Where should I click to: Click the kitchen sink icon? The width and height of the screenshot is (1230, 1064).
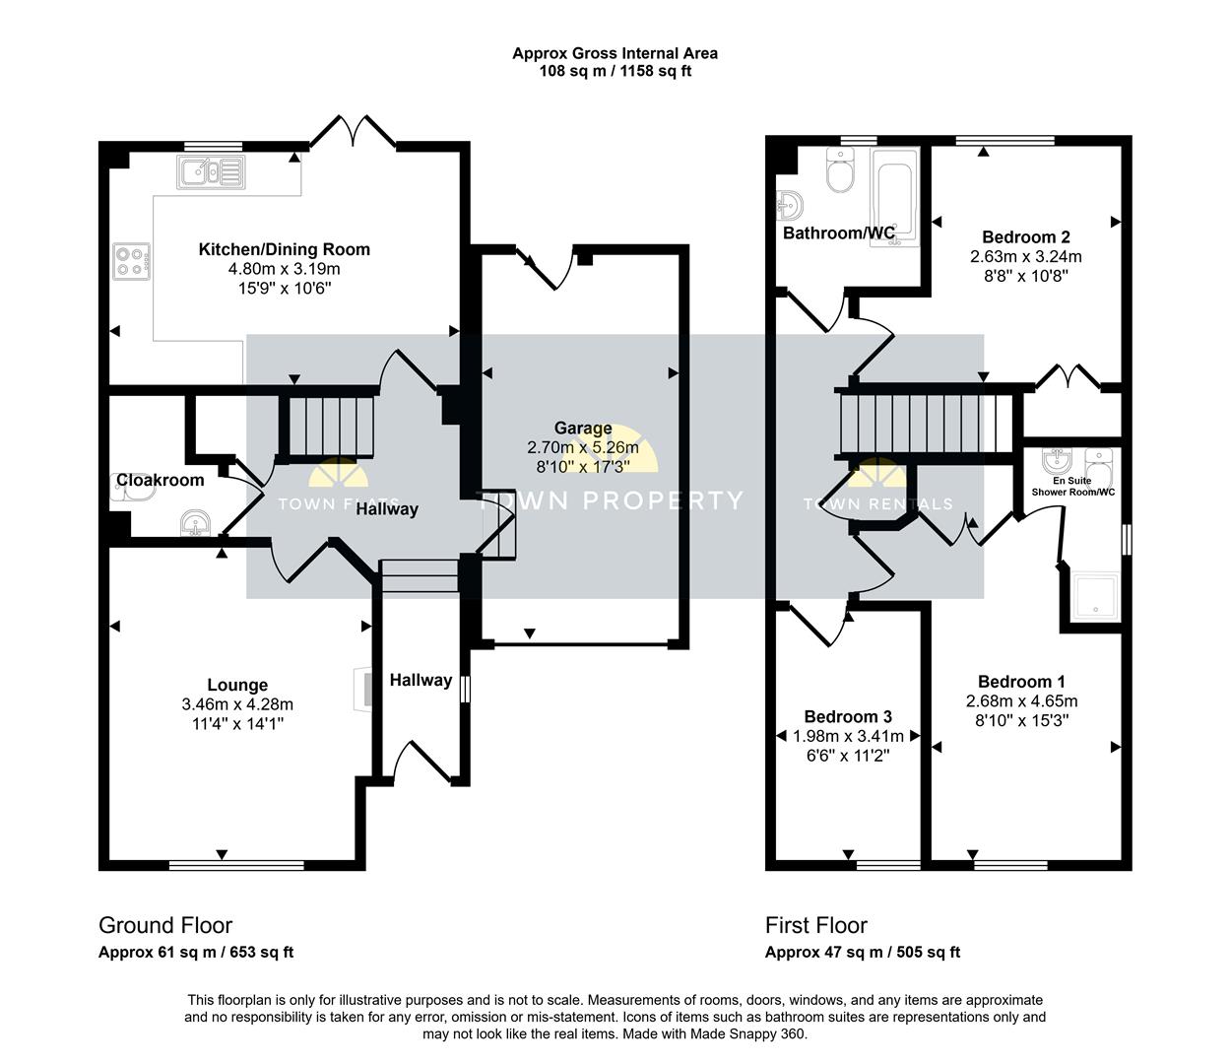click(211, 172)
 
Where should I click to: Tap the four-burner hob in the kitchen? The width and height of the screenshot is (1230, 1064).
click(132, 261)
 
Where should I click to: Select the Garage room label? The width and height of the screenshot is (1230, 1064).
click(583, 428)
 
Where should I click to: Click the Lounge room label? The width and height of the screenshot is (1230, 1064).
click(237, 685)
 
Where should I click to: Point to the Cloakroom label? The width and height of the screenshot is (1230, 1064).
click(161, 480)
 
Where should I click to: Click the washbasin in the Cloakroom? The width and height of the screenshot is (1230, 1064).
click(195, 523)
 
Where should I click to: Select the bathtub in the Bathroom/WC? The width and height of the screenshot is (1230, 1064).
click(894, 197)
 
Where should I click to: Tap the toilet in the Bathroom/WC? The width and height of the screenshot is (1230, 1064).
click(840, 169)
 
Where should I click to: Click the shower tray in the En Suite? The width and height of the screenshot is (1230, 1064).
click(1096, 595)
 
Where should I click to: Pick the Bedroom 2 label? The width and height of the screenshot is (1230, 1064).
click(1026, 237)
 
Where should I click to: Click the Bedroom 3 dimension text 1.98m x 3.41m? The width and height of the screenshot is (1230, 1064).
click(848, 736)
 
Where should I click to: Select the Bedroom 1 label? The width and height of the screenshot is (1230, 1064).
click(1021, 681)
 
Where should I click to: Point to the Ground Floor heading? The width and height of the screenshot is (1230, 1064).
click(165, 925)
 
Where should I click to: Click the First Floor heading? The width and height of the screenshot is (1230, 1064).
click(815, 925)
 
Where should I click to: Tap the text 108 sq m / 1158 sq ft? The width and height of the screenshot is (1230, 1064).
click(615, 71)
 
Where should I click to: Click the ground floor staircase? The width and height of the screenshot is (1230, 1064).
click(330, 426)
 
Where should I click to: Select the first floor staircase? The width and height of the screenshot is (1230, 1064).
click(926, 424)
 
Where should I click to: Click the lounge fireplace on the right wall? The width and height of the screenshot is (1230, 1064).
click(363, 690)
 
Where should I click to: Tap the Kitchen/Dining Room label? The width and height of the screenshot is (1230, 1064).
click(285, 249)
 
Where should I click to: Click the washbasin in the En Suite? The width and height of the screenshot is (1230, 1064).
click(1057, 460)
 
